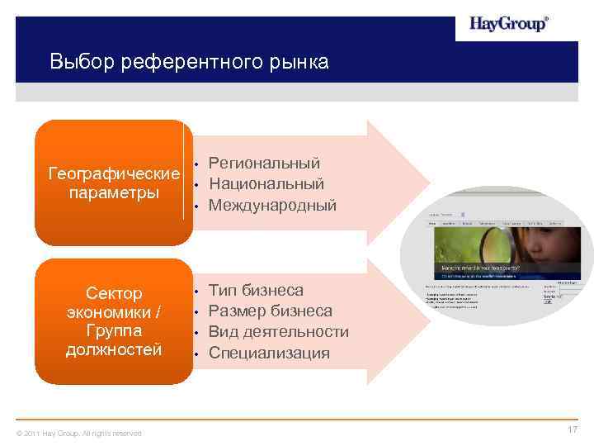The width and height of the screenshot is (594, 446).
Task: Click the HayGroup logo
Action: pos(508,24)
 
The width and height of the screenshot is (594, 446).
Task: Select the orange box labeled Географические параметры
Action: pos(114,183)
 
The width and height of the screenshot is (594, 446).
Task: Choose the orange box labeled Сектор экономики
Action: pos(114,321)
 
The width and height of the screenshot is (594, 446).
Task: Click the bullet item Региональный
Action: pos(264,164)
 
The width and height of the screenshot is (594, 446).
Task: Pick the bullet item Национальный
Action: pos(266,183)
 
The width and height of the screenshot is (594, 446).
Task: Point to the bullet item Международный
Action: pos(272,205)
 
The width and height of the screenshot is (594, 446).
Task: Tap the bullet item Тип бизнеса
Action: pos(256,291)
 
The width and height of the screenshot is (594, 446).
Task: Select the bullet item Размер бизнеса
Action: pos(271,311)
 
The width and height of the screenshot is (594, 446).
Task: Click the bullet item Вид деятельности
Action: pos(278,332)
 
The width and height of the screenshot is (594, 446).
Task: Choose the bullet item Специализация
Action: pos(269,353)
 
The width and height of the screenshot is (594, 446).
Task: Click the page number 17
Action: pos(573,430)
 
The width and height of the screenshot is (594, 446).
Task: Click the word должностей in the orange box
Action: pos(114,349)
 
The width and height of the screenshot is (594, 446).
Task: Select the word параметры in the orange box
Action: pos(114,193)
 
